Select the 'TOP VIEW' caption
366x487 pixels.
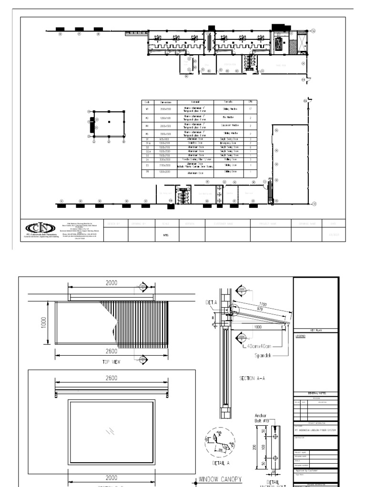pos(111,362)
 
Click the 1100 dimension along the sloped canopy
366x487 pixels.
pos(263,304)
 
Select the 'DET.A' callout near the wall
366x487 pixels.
pos(212,302)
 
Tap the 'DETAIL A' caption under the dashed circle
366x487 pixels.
pos(220,462)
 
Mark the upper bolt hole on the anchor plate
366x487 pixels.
pos(275,434)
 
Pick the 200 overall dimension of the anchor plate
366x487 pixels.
pos(256,447)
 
